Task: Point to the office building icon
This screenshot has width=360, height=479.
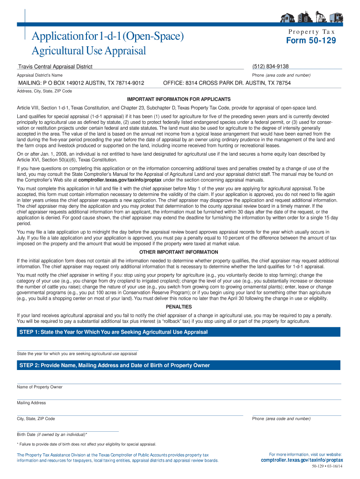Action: pyautogui.click(x=304, y=17)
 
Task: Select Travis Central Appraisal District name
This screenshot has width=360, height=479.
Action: pyautogui.click(x=55, y=67)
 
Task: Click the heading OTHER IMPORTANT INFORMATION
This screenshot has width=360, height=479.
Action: pyautogui.click(x=179, y=252)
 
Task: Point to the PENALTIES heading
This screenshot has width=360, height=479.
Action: pyautogui.click(x=179, y=306)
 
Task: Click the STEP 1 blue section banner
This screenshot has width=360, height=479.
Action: pyautogui.click(x=179, y=332)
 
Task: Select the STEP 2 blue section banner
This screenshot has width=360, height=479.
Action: pyautogui.click(x=179, y=365)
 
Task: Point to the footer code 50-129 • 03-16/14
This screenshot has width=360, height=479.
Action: pyautogui.click(x=327, y=466)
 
